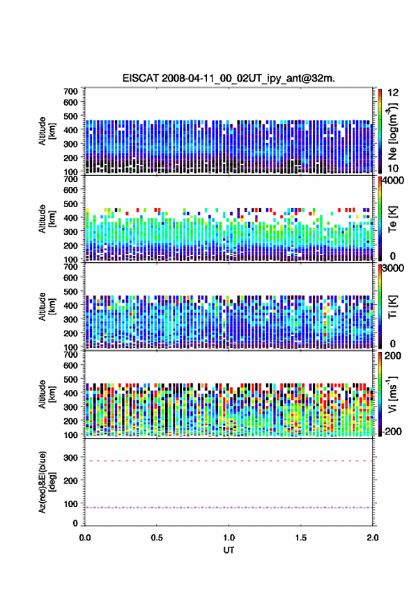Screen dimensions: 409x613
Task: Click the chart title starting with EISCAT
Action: (229, 78)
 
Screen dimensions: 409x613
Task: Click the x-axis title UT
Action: (229, 550)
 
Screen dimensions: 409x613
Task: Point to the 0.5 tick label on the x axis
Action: (157, 538)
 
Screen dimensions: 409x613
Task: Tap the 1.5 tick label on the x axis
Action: (301, 538)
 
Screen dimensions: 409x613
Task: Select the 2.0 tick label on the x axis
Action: (373, 538)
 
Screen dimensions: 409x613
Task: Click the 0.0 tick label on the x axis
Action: (85, 538)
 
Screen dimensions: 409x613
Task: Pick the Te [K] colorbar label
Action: (392, 219)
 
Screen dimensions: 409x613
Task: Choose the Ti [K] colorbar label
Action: (392, 307)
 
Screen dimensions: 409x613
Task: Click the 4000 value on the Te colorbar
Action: (393, 181)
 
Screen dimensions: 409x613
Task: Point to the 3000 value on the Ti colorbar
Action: (393, 268)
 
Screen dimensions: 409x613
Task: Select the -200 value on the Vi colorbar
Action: (392, 431)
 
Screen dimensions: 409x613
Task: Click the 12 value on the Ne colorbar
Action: (393, 93)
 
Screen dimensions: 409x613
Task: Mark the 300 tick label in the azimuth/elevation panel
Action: (70, 457)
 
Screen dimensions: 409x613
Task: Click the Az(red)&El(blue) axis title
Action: (46, 482)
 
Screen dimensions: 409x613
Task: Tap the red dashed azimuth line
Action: (229, 461)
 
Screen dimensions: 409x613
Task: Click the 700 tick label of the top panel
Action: (70, 91)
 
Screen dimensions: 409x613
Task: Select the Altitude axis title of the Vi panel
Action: (46, 394)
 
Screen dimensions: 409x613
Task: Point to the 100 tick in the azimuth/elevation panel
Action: (70, 504)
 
